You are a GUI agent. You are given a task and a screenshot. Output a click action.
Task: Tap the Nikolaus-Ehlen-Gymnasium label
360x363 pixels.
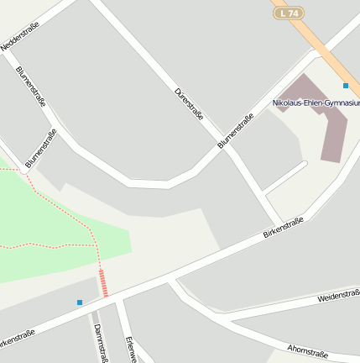coord(316,103)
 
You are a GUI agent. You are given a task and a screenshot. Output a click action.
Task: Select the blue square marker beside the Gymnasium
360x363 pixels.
coord(346,86)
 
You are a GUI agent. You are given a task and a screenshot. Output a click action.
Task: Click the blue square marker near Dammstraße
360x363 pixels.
coord(80,302)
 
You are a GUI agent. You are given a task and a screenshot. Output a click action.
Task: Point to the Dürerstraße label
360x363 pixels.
coord(189,103)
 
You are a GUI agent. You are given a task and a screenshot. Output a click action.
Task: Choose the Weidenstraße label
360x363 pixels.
coord(338,296)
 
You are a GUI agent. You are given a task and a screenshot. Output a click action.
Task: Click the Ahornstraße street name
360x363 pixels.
coord(307,349)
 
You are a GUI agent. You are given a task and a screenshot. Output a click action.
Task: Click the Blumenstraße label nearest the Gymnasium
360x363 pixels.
coord(236,132)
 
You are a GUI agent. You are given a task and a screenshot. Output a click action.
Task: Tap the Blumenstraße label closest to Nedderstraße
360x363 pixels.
coord(30,87)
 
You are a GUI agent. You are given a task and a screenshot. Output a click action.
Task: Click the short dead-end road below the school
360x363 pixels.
coord(285,177)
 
